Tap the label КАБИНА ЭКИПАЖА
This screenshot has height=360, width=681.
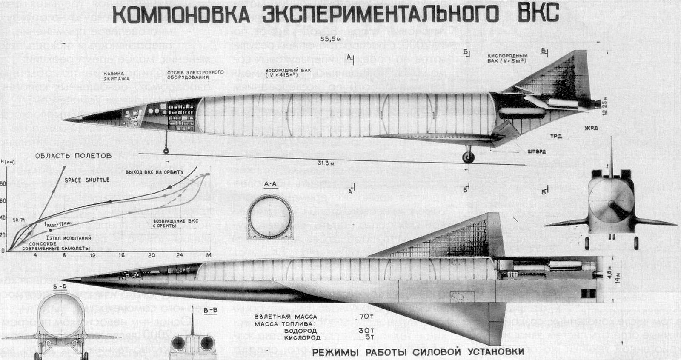point(117,76)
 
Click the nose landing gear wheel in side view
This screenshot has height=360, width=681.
point(166,151)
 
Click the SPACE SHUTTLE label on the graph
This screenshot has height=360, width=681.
point(87,180)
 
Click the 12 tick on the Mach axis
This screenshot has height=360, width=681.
point(93,256)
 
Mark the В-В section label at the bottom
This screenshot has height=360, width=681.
point(210,311)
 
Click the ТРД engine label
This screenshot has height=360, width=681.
point(556,137)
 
